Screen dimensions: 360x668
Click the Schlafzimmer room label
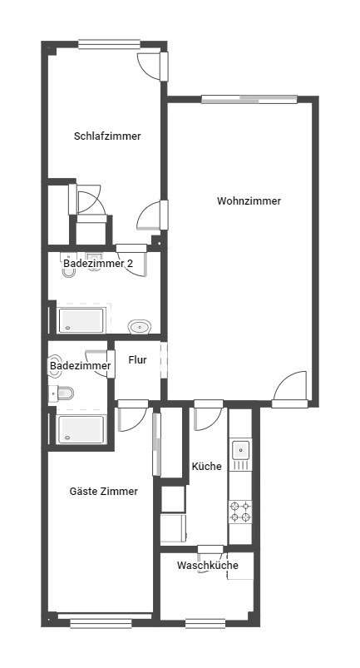point(107,136)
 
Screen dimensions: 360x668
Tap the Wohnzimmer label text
point(249,201)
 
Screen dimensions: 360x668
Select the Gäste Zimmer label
point(104,491)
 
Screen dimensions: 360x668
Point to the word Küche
point(207,466)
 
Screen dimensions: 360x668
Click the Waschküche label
point(208,566)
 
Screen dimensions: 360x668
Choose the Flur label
point(137,360)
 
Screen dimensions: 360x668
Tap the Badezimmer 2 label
point(98,263)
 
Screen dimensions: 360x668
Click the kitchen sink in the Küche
point(241,450)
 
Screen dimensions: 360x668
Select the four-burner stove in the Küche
point(241,512)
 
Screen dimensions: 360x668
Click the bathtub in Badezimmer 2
point(81,320)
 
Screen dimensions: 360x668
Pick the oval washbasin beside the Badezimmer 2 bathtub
point(140,327)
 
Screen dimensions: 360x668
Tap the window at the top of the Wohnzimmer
point(249,100)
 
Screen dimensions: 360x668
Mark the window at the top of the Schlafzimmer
point(110,44)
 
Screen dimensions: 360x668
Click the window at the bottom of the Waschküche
point(205,624)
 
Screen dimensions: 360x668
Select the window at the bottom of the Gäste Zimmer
point(101,623)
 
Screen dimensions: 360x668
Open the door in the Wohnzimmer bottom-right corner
point(290,390)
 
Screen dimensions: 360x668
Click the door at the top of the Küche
point(208,414)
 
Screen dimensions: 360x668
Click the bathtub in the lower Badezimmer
point(81,429)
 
